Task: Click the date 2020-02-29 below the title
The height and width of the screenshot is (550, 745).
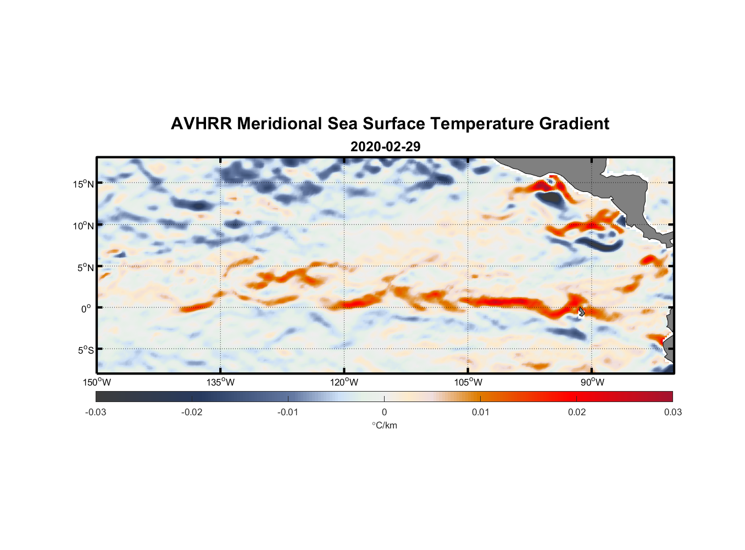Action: point(385,147)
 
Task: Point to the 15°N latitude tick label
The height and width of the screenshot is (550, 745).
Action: point(84,184)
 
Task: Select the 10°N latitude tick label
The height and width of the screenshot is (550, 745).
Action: point(84,226)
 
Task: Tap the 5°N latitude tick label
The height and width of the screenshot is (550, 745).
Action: point(85,267)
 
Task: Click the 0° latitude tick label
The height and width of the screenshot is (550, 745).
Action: point(86,309)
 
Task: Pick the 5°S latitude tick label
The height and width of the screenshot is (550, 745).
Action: point(85,350)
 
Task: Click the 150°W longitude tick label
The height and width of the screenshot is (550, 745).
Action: point(97,382)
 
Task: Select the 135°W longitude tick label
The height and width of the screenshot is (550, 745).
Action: point(221,382)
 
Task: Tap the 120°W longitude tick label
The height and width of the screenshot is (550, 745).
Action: point(344,382)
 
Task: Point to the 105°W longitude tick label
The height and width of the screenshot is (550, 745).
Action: point(468,382)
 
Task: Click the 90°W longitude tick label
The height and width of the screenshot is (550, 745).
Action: point(592,382)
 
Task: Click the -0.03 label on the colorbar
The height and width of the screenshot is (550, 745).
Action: point(96,412)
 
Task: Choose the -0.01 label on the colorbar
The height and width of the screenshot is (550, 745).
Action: point(288,412)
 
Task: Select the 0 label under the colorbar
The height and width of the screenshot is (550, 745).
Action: point(384,412)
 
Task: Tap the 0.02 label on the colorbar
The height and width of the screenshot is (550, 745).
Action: point(576,412)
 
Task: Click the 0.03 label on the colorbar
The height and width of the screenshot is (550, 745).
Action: point(672,412)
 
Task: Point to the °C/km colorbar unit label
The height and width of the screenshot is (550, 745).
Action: point(384,425)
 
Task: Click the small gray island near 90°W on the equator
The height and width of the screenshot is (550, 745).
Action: point(581,311)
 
